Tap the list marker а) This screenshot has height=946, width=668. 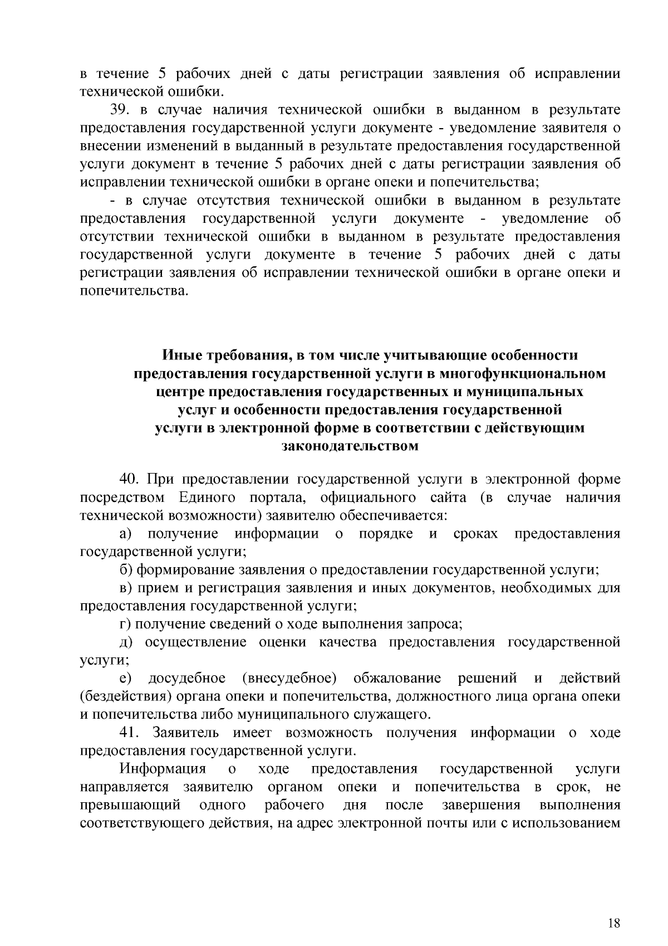point(126,534)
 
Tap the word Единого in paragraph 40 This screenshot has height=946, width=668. point(207,498)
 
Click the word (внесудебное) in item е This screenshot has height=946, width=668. point(289,679)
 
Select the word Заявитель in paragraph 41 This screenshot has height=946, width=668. point(186,733)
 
